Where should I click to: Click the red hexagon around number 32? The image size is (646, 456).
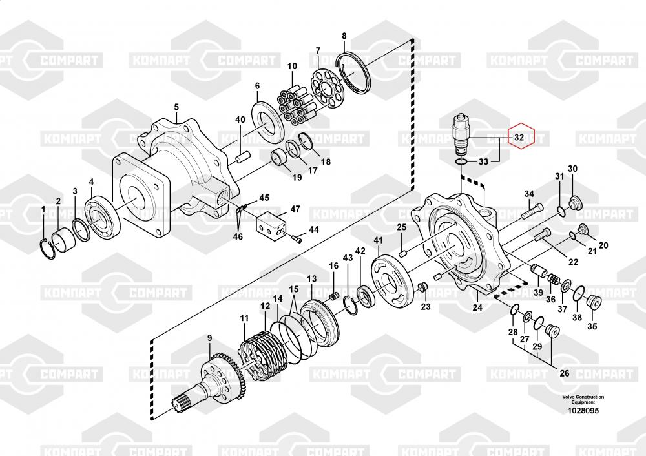(521, 136)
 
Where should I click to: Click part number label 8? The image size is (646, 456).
(344, 36)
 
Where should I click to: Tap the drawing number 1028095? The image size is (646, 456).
(583, 410)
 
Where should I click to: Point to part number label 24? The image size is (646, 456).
(477, 308)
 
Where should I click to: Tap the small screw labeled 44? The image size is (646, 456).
(298, 240)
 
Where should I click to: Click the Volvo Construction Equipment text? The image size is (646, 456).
(583, 399)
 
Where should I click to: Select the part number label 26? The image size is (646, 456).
(564, 373)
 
